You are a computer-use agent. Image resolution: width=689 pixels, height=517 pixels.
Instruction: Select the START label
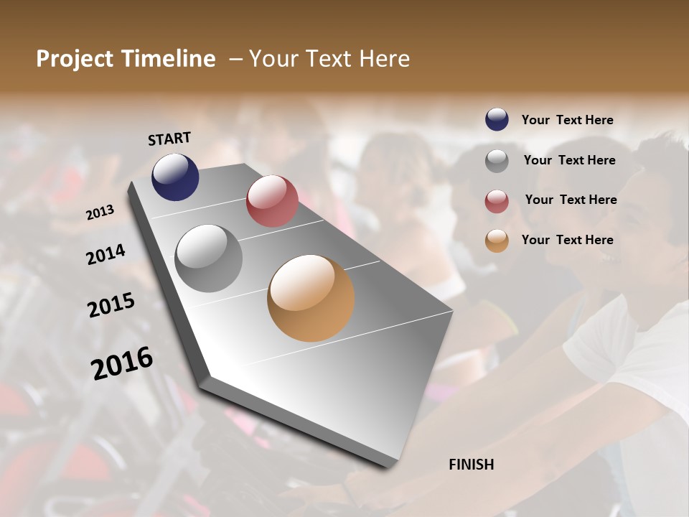(169, 139)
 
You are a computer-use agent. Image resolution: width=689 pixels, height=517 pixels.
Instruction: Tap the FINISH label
(472, 465)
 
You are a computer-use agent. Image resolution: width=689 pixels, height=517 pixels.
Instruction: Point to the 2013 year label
(100, 212)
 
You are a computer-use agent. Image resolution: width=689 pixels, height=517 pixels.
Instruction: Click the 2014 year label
(106, 254)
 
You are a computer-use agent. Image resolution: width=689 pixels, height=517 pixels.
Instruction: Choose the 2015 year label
(111, 306)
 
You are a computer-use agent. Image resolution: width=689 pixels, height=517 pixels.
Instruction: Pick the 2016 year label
(122, 363)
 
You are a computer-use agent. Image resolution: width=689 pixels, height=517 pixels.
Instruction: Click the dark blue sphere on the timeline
(175, 177)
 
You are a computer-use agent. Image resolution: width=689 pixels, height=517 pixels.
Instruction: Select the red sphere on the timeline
(272, 201)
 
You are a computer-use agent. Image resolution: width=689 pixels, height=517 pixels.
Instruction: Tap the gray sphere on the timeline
(208, 258)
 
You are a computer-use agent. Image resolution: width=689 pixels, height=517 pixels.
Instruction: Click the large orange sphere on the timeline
(311, 298)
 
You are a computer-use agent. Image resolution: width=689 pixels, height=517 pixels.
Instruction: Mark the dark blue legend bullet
(497, 119)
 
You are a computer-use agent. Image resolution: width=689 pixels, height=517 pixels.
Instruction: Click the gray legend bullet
(497, 161)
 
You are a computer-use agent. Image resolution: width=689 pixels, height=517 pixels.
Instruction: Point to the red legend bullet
(497, 201)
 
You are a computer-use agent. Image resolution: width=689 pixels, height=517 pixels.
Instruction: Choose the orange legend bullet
(497, 241)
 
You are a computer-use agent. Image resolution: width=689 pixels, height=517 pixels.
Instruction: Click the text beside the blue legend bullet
(567, 120)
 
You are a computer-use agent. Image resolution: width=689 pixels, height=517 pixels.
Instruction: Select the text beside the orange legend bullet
(567, 240)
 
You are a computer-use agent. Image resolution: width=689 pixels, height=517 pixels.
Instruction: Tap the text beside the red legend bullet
(571, 200)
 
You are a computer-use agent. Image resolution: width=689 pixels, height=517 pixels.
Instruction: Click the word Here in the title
(384, 59)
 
